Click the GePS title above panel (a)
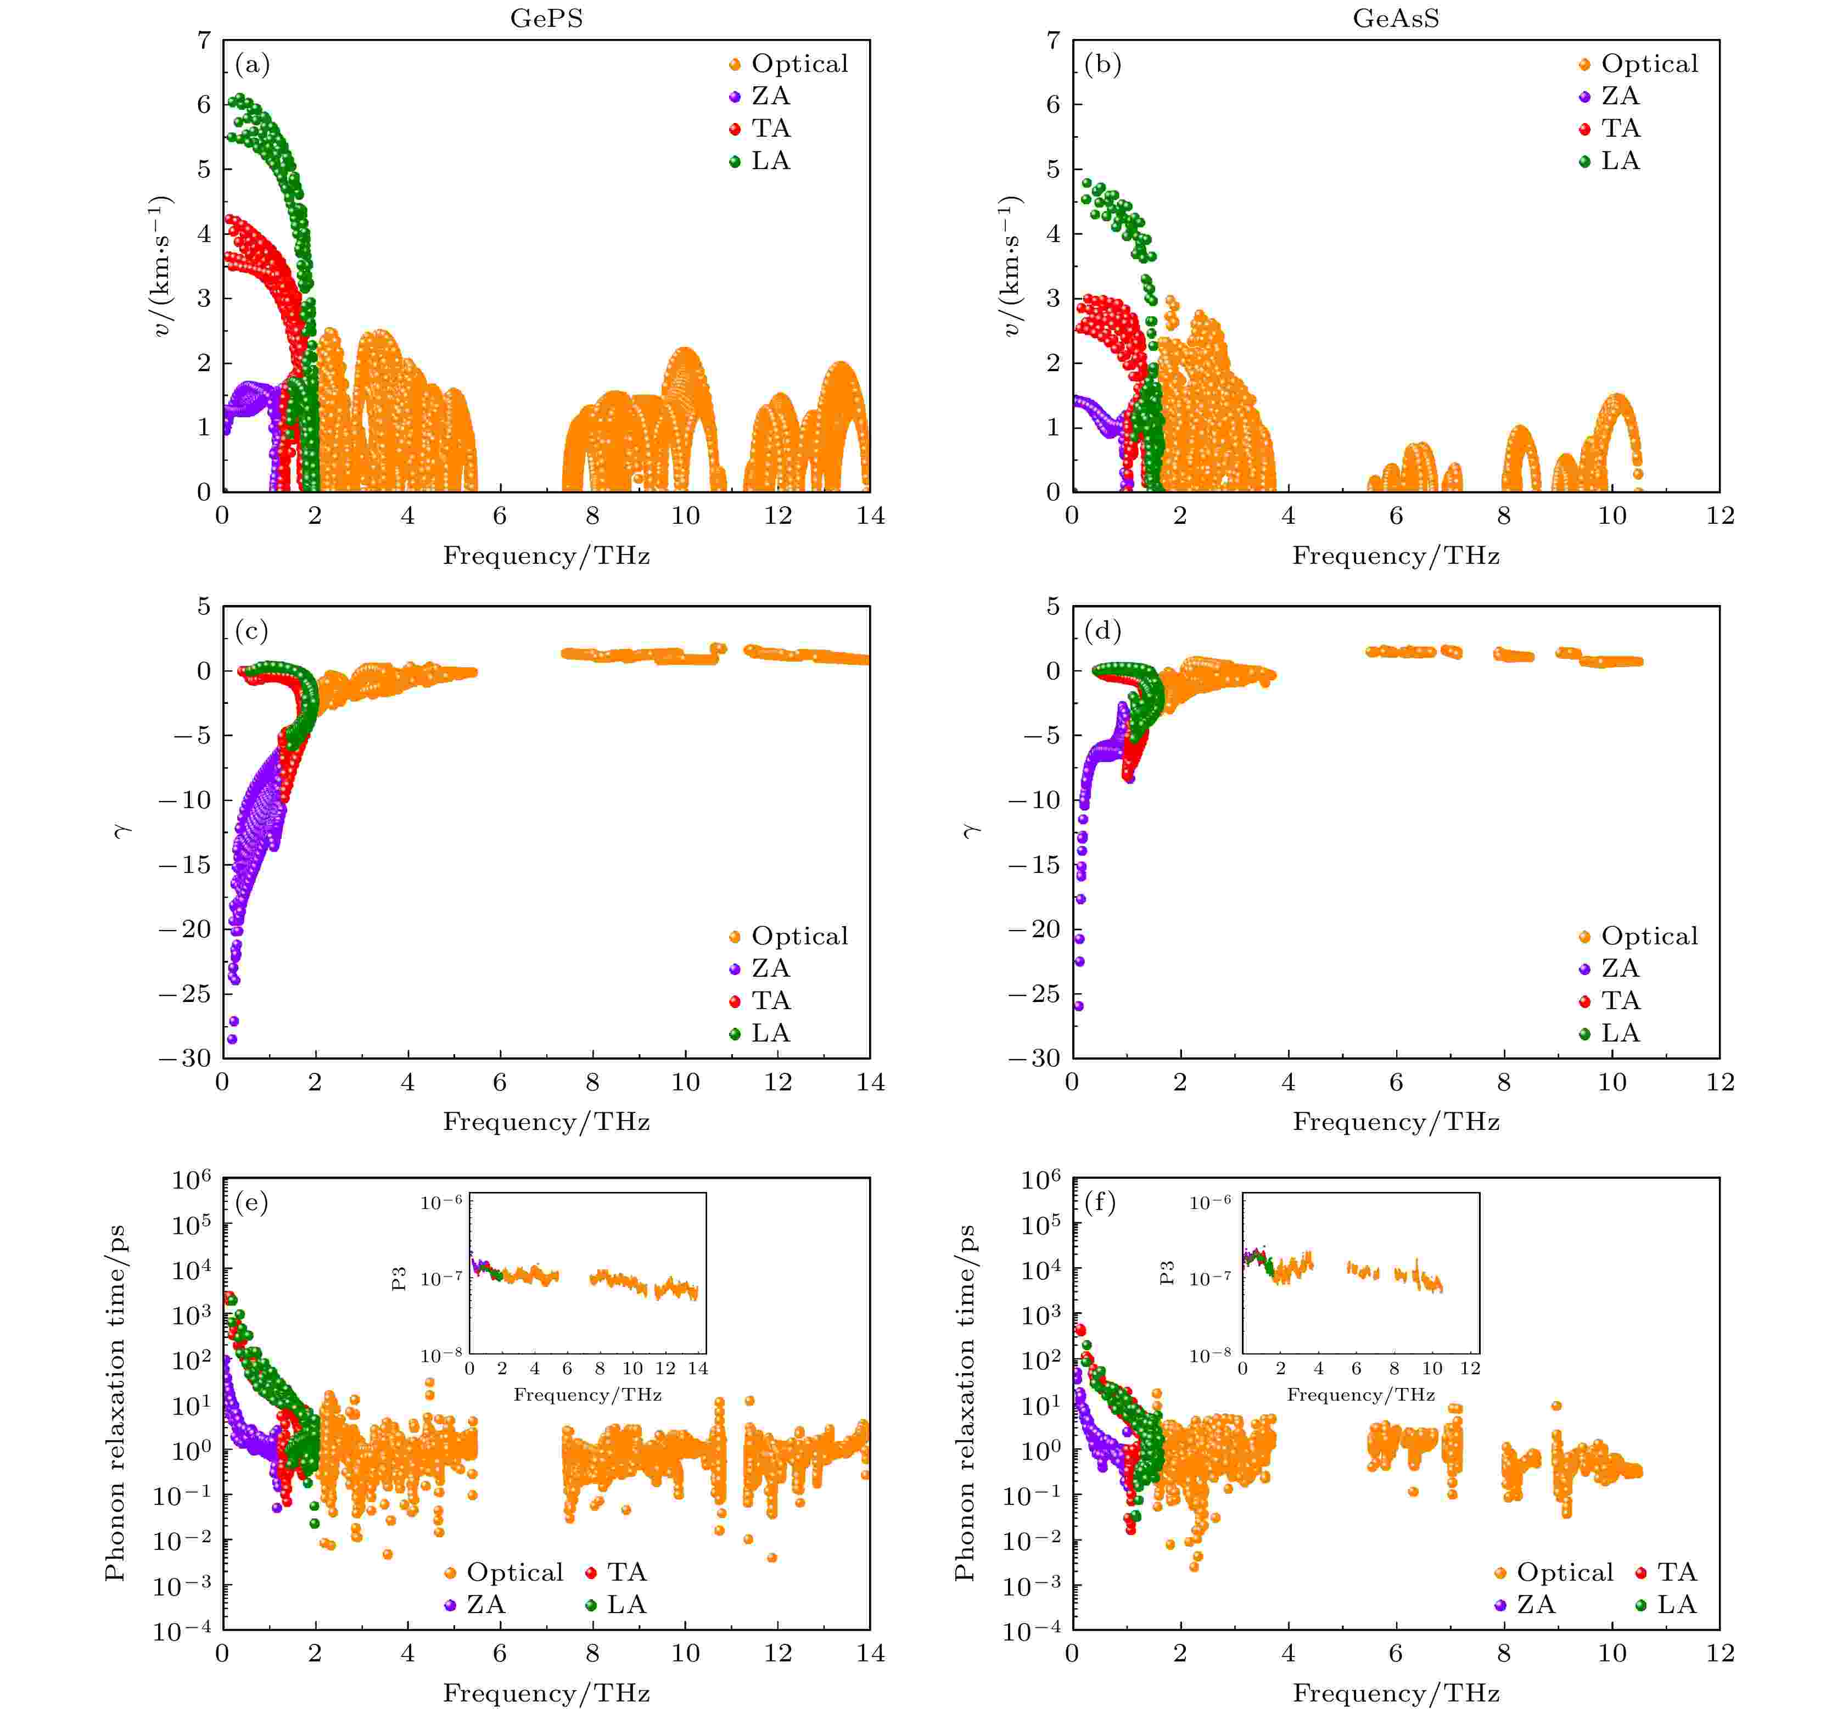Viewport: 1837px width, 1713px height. click(546, 19)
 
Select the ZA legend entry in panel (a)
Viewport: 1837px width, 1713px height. click(770, 96)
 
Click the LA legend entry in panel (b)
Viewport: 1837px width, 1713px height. click(1620, 161)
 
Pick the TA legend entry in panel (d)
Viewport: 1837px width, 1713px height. click(1620, 1001)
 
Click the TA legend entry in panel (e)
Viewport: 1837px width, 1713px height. click(626, 1572)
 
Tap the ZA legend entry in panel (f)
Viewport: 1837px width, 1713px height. click(1536, 1604)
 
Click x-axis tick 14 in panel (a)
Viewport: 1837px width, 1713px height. click(870, 516)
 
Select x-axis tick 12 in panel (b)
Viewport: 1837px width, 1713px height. click(1720, 516)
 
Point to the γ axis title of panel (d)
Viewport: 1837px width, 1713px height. click(970, 832)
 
